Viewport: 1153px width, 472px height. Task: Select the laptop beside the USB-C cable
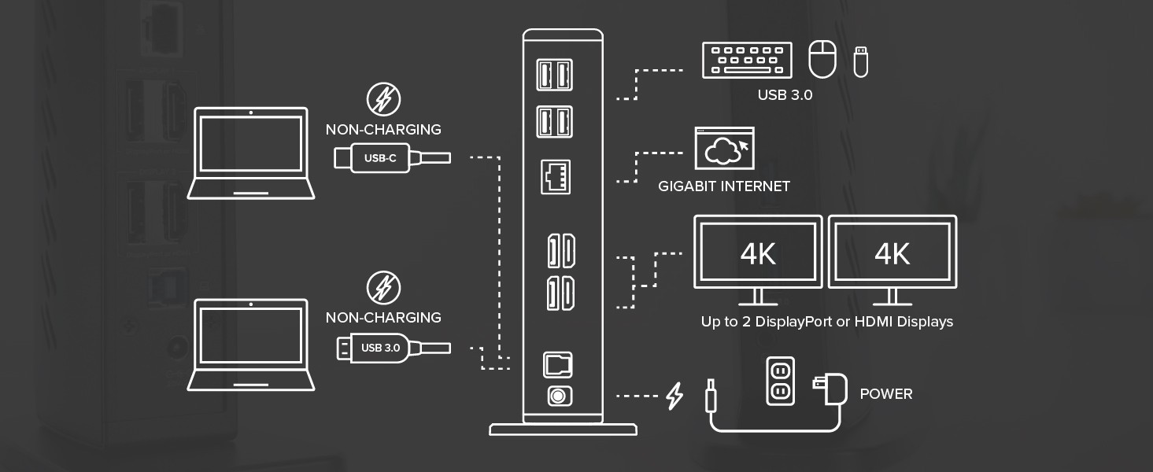tap(251, 153)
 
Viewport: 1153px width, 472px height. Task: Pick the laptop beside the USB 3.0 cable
tap(251, 345)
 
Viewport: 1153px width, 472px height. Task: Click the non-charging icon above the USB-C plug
tap(384, 100)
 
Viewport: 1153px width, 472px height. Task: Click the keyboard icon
tap(747, 61)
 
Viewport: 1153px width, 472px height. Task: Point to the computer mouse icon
tap(822, 60)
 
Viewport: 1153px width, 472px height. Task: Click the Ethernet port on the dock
tap(557, 177)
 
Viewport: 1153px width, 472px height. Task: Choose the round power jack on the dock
tap(558, 396)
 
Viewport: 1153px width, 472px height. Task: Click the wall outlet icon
tap(780, 382)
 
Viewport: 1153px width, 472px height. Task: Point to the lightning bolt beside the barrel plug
tap(674, 396)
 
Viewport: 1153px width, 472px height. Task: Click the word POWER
tap(886, 394)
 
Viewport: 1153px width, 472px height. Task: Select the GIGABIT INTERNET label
tap(724, 186)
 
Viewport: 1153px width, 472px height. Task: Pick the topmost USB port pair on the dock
tap(554, 76)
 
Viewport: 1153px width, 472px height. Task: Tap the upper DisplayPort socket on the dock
tap(560, 250)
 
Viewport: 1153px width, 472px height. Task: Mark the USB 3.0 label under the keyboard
tap(785, 95)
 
